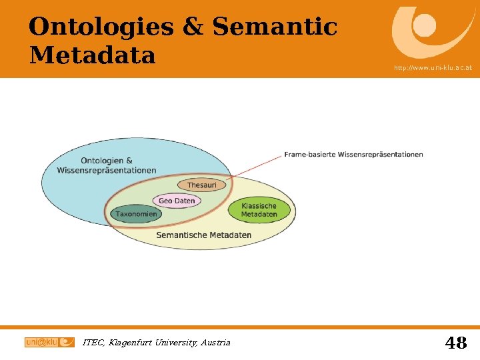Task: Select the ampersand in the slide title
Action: click(193, 27)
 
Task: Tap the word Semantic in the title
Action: click(275, 27)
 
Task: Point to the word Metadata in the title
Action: click(92, 55)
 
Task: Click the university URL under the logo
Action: click(433, 68)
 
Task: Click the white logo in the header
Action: click(424, 30)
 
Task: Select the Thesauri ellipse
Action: click(201, 185)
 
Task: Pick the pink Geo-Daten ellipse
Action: click(177, 201)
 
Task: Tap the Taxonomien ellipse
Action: click(136, 214)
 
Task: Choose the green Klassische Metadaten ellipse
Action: click(259, 210)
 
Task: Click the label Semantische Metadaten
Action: click(203, 235)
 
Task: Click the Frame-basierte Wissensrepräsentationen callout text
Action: click(353, 155)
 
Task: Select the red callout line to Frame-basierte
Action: click(257, 166)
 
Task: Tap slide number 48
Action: click(456, 343)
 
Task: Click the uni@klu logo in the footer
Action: click(49, 342)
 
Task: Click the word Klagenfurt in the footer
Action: click(127, 343)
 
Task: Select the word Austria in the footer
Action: click(215, 343)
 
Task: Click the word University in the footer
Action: click(175, 343)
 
